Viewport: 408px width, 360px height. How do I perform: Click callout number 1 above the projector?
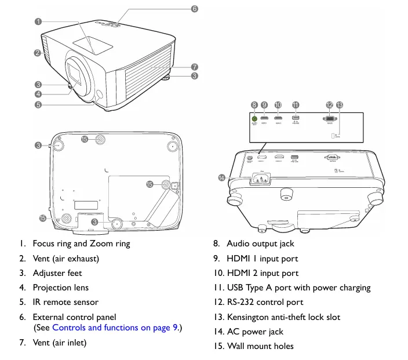coord(38,21)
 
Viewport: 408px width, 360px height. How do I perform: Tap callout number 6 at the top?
coord(194,9)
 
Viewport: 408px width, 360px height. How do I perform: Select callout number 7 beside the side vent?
coord(195,67)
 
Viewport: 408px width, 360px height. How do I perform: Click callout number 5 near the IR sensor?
coord(38,105)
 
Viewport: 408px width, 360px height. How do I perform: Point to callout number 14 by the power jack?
coord(221,177)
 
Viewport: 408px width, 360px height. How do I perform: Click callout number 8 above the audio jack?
coord(254,105)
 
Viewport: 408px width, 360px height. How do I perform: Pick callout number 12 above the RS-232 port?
coord(329,105)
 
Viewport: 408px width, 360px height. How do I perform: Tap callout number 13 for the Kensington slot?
coord(340,105)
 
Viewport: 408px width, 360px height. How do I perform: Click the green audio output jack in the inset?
coord(254,118)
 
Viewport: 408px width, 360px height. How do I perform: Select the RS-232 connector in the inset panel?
coord(329,118)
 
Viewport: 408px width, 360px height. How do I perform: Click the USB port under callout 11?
coord(296,118)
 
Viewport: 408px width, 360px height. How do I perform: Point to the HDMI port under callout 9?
coord(264,118)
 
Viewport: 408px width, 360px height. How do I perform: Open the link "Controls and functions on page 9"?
coord(115,328)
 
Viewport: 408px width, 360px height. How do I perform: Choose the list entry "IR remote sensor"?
coord(65,301)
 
